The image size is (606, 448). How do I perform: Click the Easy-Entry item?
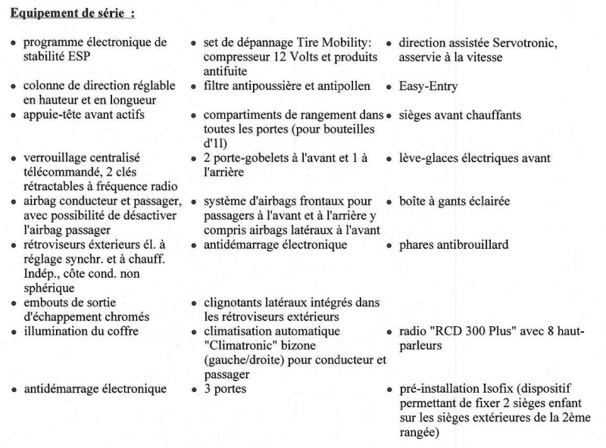click(x=428, y=87)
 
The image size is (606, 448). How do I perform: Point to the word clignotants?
click(x=235, y=303)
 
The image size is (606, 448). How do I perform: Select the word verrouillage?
click(x=55, y=158)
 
